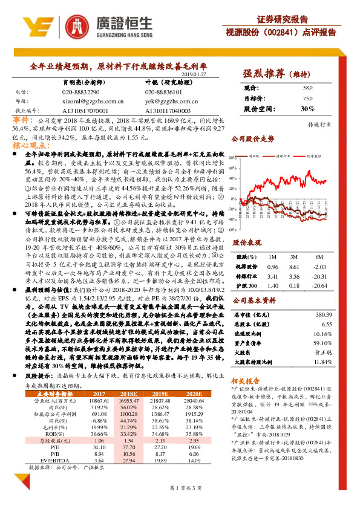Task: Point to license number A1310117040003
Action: pos(168,111)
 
